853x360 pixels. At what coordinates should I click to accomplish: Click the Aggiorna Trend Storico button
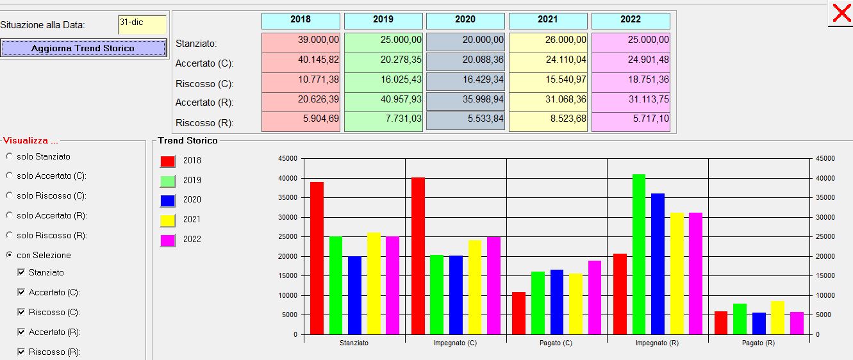tap(83, 48)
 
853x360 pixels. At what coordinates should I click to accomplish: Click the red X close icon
tap(841, 13)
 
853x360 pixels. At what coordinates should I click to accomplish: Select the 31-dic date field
tap(142, 24)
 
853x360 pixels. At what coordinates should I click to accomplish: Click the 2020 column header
tap(465, 20)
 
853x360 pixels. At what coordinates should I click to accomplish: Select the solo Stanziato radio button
tap(9, 156)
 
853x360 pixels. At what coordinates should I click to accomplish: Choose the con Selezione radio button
tap(9, 255)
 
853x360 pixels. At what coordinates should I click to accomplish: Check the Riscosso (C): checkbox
tap(21, 312)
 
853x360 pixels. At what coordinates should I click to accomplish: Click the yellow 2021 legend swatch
tap(167, 220)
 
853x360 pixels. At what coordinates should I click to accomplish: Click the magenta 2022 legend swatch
tap(167, 240)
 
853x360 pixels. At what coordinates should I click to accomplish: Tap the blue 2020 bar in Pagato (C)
tap(557, 302)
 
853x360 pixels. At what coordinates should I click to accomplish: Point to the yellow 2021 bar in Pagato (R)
tap(778, 318)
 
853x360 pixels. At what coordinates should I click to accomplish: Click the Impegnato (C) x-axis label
tap(455, 343)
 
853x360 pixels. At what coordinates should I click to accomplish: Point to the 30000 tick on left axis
tap(288, 217)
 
